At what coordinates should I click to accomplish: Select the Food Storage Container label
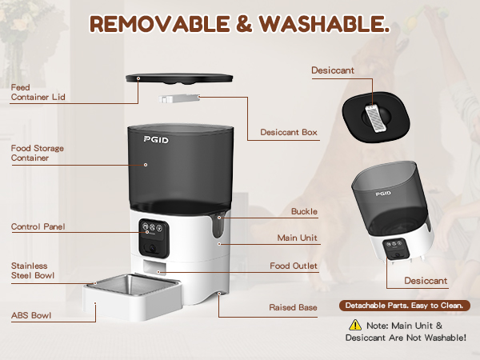point(38,153)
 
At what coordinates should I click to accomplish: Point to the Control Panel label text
point(38,226)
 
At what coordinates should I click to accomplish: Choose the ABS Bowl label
point(31,316)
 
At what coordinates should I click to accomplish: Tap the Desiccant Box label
point(289,133)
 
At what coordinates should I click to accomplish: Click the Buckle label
point(304,212)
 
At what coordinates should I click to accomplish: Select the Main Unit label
point(298,237)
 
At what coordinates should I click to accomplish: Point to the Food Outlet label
point(294,266)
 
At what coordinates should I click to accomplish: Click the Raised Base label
point(293,306)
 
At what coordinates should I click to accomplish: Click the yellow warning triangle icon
point(354,325)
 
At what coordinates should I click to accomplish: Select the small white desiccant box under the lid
point(179,100)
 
